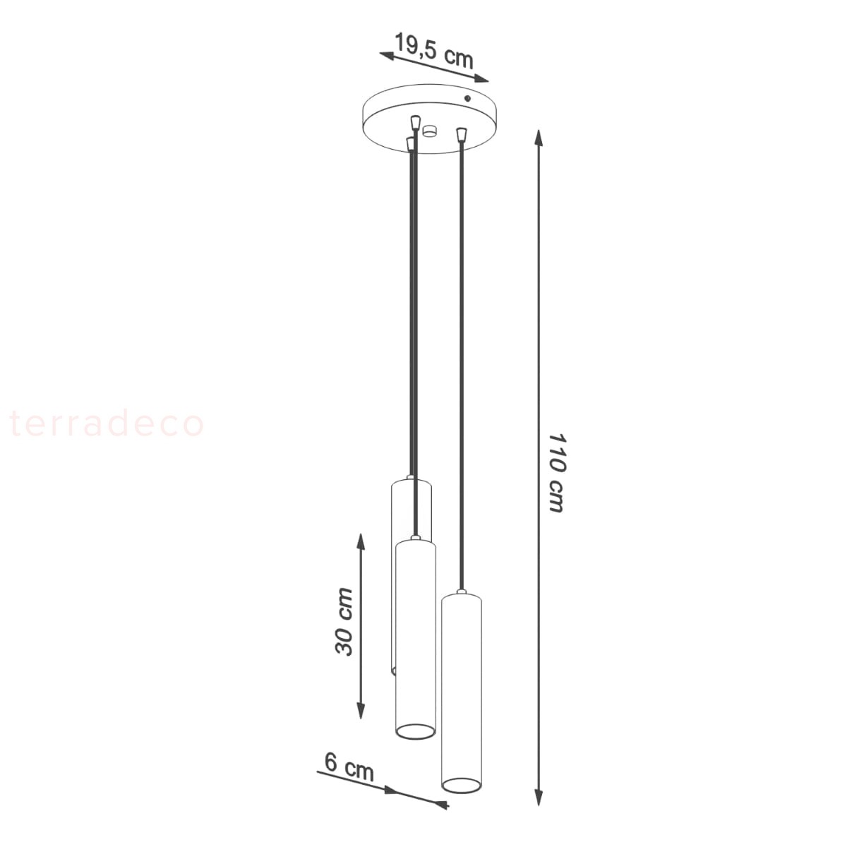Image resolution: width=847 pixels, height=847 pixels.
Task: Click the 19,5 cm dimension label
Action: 434,51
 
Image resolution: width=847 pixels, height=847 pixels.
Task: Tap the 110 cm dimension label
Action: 556,474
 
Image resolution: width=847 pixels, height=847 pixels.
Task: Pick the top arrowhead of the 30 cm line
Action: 361,543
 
